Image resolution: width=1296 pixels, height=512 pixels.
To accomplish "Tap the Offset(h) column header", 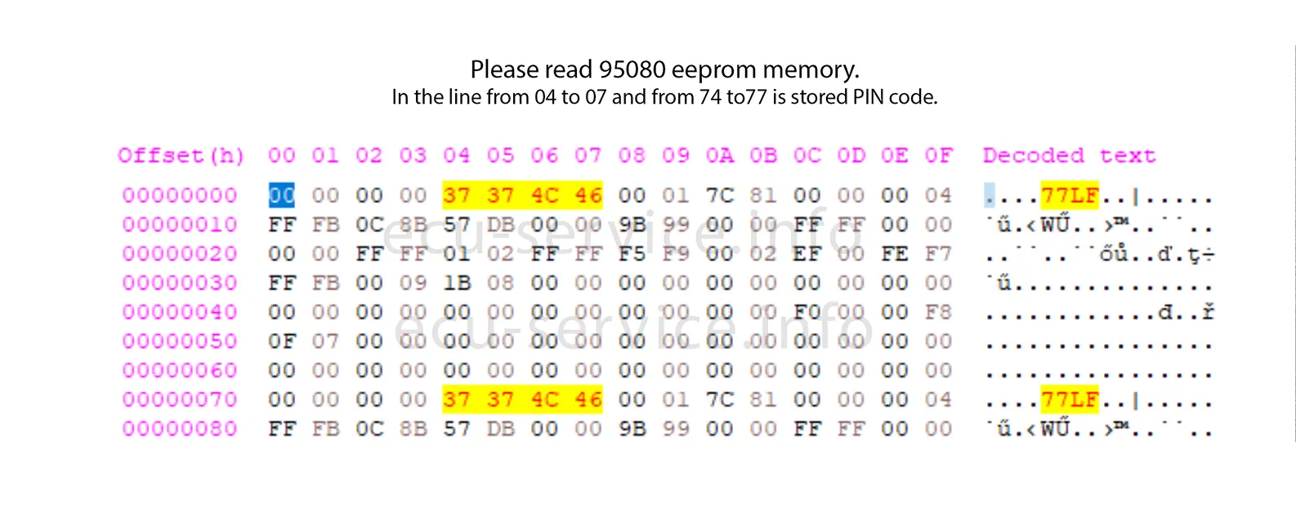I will tap(181, 156).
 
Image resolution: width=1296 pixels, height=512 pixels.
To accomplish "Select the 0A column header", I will tap(720, 156).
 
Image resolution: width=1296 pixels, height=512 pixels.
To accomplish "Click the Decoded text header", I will tap(1069, 156).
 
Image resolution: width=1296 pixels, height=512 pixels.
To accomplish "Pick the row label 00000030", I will tap(180, 283).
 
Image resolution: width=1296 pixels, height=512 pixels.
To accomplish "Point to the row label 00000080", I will tap(180, 429).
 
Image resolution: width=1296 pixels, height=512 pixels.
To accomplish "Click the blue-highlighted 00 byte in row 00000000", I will tap(282, 196).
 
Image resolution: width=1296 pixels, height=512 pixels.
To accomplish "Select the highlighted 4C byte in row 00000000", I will tap(545, 196).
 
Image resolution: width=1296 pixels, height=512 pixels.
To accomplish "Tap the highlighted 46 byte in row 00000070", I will tap(588, 400).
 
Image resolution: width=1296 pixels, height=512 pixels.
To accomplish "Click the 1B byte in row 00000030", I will tap(457, 283).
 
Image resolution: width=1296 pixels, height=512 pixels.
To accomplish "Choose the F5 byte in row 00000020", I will tap(632, 254).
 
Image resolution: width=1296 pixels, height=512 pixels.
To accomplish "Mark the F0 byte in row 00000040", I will tap(807, 313).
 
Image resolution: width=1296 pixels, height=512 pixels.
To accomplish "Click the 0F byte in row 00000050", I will tap(282, 341).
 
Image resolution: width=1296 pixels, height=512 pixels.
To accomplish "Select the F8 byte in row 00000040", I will tap(938, 313).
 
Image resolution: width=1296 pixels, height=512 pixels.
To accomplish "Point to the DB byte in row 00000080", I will tap(501, 429).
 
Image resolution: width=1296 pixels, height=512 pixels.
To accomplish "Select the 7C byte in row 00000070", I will tap(720, 400).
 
